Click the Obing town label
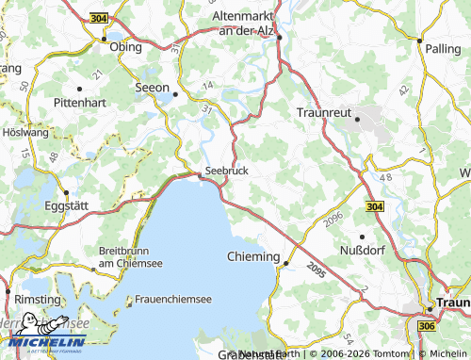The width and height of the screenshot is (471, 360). coord(125,46)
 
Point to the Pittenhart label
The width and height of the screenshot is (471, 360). coord(83,100)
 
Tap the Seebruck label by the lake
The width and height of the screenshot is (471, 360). coord(226,171)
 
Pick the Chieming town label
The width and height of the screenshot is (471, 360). coord(254,256)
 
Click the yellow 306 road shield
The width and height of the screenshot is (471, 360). coord(425,325)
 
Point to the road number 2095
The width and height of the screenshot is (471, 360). coord(316,270)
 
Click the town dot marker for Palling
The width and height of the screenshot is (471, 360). coord(419,41)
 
